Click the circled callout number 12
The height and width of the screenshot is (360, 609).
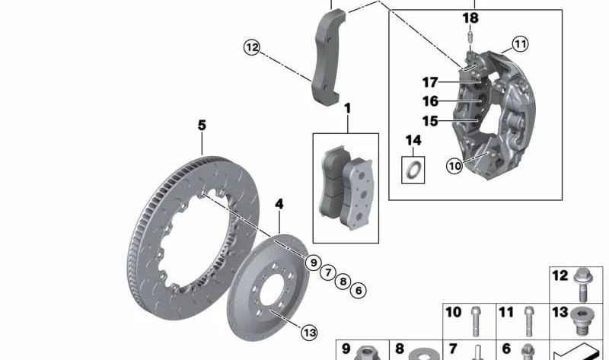(x=252, y=47)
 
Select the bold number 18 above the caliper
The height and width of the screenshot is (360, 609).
(x=470, y=18)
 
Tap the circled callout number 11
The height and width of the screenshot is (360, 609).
(x=520, y=43)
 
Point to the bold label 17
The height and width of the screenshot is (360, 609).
(x=430, y=82)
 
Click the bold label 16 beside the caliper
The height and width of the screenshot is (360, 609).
(x=430, y=101)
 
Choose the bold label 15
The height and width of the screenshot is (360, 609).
(x=430, y=121)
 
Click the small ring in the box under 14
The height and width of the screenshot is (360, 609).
(x=413, y=170)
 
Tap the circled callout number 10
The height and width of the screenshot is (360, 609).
(x=454, y=166)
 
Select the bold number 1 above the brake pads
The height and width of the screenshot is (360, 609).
(x=347, y=108)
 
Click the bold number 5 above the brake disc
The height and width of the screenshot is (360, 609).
(x=202, y=126)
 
